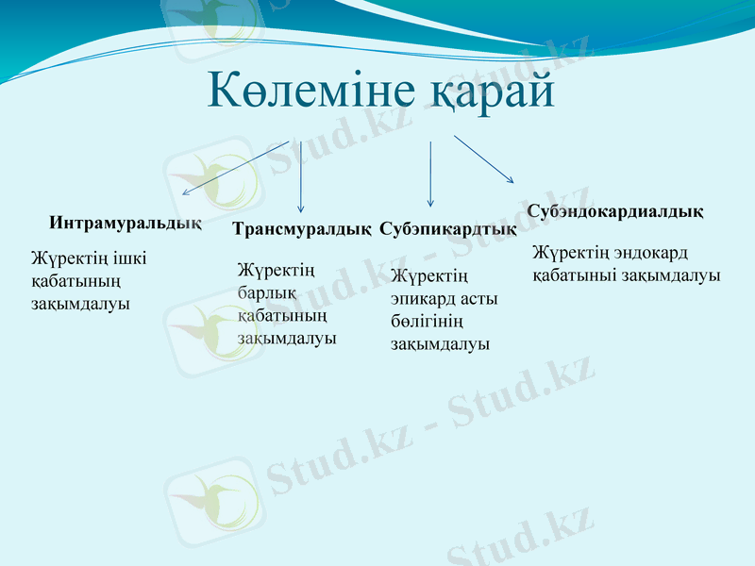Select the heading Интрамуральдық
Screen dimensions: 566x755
(125, 223)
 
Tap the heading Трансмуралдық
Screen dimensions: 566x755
(301, 229)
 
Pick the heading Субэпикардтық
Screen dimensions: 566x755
(447, 229)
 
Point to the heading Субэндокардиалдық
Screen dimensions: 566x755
(614, 210)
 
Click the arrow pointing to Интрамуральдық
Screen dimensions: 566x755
(236, 167)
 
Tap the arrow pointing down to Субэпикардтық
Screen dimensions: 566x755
(430, 174)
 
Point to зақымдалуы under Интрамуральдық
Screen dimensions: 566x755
(79, 304)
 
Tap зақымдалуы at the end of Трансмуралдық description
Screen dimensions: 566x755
(287, 338)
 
